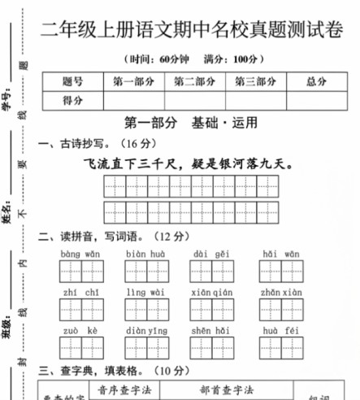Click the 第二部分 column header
pos(195,81)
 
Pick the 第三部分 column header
pos(256,81)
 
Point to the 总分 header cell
pos(317,81)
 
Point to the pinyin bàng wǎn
pos(80,254)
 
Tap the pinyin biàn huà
pos(145,254)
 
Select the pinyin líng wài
pos(145,293)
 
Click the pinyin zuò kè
pos(80,331)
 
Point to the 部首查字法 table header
pos(228,389)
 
